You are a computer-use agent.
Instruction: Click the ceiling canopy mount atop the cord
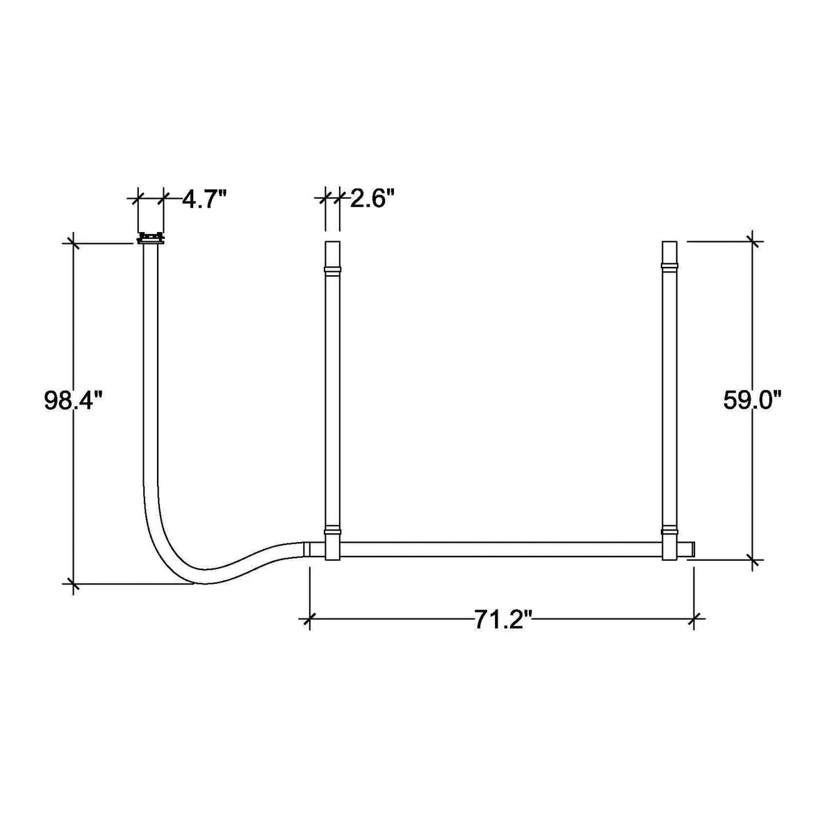tap(151, 238)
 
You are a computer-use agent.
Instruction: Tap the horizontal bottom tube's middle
tap(500, 549)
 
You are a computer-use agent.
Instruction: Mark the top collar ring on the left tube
tap(332, 269)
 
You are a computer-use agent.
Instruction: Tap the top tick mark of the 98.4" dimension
tap(72, 243)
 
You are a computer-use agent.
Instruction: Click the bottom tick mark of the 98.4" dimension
tap(72, 584)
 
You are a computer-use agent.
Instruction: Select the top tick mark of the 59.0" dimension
tap(751, 241)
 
